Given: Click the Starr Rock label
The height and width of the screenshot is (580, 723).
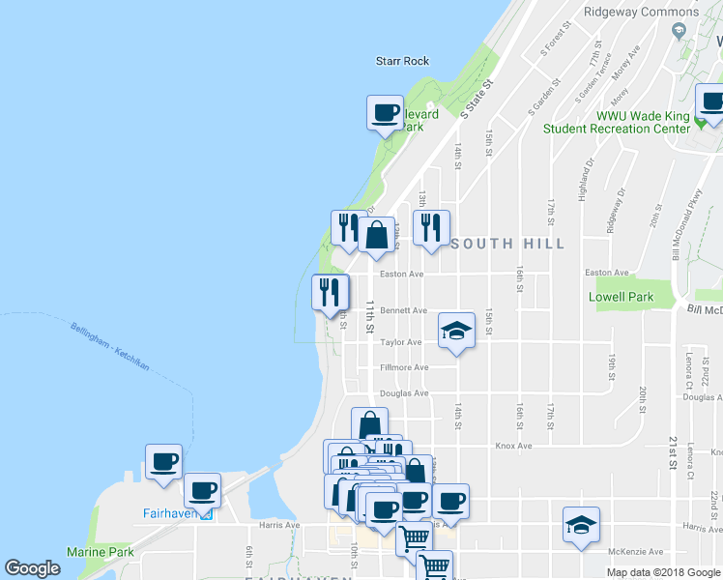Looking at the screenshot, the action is (x=401, y=61).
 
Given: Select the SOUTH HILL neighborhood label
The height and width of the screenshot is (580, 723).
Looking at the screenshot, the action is (x=506, y=244).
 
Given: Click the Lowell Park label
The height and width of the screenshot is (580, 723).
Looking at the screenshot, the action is (x=621, y=298).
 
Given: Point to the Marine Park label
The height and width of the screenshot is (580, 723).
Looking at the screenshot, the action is (x=100, y=552).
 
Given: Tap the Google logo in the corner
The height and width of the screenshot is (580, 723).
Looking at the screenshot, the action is (x=32, y=568).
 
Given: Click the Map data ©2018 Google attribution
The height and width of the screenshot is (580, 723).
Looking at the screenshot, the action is (x=663, y=572).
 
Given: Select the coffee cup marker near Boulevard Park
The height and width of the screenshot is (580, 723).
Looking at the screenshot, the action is (x=385, y=113).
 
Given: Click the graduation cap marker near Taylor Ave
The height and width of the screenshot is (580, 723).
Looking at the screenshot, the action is (x=457, y=332).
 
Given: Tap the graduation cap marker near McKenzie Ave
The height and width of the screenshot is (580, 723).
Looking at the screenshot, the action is (x=580, y=526).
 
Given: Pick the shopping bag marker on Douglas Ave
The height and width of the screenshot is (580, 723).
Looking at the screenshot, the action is (x=369, y=424).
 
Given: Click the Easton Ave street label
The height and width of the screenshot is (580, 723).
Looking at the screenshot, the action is (x=402, y=274).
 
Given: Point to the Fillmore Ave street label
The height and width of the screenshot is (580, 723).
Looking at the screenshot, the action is (x=404, y=367).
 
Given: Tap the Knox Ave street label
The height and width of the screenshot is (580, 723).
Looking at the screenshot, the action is (x=514, y=446).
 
